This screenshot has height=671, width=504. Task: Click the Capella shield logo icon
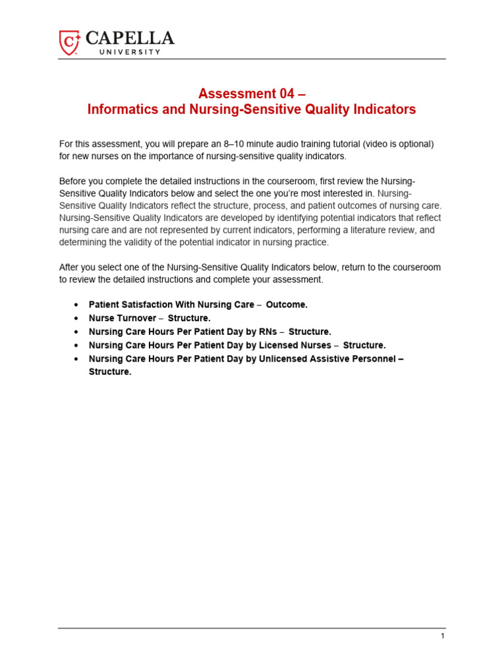[70, 42]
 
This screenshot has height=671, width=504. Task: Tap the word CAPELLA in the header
[129, 38]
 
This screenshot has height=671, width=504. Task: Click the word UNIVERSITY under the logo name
[129, 52]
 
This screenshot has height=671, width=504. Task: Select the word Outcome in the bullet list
[286, 305]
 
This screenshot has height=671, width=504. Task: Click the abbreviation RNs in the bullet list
[269, 332]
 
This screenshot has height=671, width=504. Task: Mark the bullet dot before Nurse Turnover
[77, 318]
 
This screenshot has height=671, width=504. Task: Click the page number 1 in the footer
[443, 636]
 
